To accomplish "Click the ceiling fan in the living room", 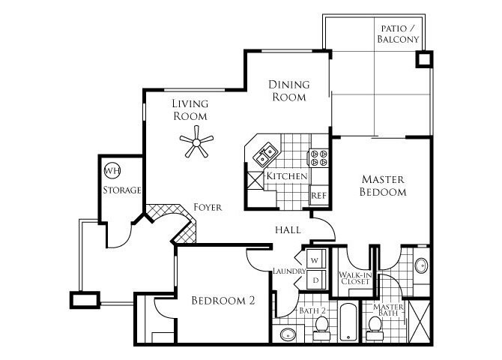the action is click(x=197, y=142).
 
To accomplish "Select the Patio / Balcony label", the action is click(x=398, y=32).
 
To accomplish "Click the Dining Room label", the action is click(x=288, y=91).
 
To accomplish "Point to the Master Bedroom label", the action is click(x=383, y=185).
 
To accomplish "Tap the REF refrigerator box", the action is click(x=319, y=194).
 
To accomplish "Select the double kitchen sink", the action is click(x=265, y=156).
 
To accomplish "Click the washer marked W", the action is click(x=315, y=260).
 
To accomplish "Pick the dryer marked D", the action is click(x=315, y=279).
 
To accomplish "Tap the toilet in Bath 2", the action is click(x=322, y=325).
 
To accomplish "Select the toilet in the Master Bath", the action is click(x=375, y=325).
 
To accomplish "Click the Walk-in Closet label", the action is click(x=355, y=278).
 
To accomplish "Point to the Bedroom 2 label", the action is click(x=223, y=301).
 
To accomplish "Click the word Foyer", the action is click(x=207, y=207).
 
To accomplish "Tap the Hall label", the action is click(x=288, y=229).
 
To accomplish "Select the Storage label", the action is click(x=121, y=190).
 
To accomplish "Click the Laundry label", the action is click(x=288, y=271).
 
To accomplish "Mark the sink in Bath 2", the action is click(x=288, y=334).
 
